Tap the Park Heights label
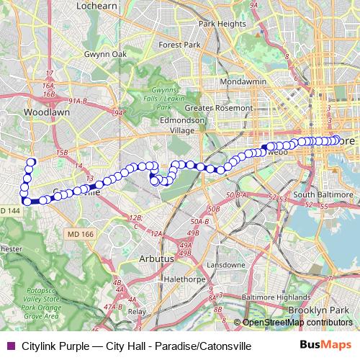222,24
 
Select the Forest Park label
180,45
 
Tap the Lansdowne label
225,264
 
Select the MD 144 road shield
11,210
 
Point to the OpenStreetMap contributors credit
297,323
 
